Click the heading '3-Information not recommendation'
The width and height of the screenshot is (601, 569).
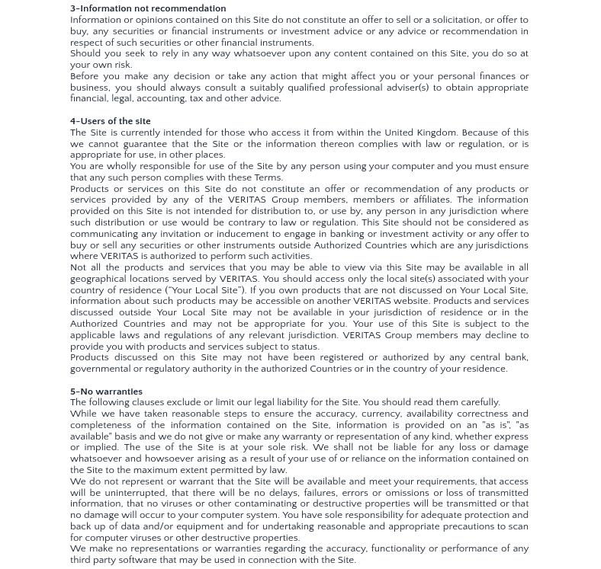tap(148, 9)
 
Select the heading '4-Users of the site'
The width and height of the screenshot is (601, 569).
tap(111, 121)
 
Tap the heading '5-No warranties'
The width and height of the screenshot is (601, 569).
tap(106, 392)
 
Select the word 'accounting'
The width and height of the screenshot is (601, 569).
tap(161, 99)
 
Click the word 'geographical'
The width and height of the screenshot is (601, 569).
tap(100, 279)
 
